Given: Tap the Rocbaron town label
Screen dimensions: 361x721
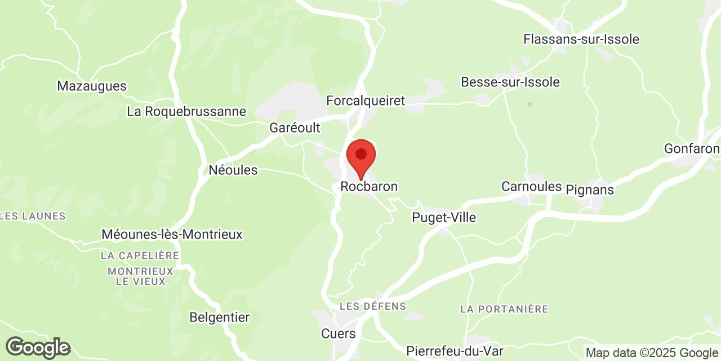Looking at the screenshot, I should [x=369, y=187].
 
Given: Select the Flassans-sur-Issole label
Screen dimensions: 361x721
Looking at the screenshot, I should [x=581, y=39].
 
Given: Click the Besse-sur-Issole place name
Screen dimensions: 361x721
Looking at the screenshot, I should [x=510, y=82].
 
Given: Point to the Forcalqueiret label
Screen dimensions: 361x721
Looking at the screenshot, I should [x=366, y=101].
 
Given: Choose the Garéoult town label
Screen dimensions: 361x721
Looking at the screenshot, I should [x=295, y=128].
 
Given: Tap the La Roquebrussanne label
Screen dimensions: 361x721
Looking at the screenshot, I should [x=186, y=112].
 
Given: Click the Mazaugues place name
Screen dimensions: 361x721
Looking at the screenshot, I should [x=92, y=86].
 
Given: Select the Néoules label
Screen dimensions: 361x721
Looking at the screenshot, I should [x=233, y=170].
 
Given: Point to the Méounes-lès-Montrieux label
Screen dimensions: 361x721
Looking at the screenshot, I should [x=172, y=235].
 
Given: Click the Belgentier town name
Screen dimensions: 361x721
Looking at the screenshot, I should [x=219, y=318].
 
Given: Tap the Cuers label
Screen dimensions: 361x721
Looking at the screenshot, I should [x=339, y=333].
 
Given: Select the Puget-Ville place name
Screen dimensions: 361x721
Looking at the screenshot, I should [x=444, y=218].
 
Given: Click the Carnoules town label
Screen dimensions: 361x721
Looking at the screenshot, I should [x=532, y=186].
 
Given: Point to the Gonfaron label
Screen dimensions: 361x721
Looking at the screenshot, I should [x=692, y=148].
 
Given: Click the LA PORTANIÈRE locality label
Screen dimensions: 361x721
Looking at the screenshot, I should [x=504, y=309].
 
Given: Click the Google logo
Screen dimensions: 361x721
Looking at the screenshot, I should [x=38, y=347].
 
